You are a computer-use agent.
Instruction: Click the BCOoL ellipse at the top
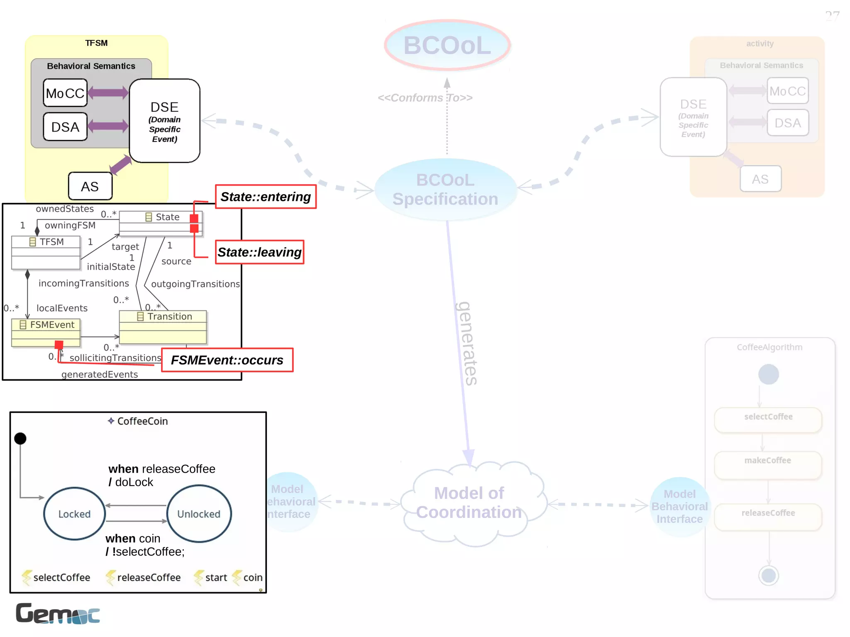pos(447,45)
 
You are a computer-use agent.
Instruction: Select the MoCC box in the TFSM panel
pos(65,93)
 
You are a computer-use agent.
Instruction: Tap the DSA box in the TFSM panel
pos(65,127)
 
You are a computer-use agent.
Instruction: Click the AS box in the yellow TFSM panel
pos(90,186)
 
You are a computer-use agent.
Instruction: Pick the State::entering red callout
pos(266,197)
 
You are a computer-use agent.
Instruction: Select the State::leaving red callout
pos(259,252)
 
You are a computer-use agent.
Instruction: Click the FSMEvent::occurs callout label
pos(227,360)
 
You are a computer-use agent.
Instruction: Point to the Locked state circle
pos(74,514)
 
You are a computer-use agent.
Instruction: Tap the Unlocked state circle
pos(199,514)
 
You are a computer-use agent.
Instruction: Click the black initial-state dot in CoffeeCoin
pos(20,438)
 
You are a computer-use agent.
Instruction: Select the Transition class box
pos(163,327)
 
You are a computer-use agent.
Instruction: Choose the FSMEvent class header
pos(46,325)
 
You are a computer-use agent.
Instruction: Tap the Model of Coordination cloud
pos(469,503)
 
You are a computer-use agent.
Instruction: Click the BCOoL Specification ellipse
pos(445,189)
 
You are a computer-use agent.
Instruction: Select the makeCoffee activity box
pos(767,465)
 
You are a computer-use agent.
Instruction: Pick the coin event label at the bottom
pos(252,577)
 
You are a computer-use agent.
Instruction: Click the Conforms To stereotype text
pos(425,98)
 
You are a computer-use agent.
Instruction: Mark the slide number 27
pos(832,16)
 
